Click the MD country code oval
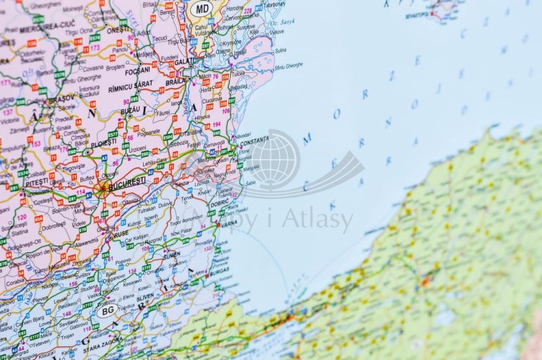(x=202, y=9)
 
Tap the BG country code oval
(x=108, y=310)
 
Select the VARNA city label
(x=228, y=223)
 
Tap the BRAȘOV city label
(x=61, y=98)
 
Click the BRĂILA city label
(x=176, y=82)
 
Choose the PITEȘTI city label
(x=38, y=184)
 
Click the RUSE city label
(x=121, y=233)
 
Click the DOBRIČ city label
(x=219, y=202)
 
